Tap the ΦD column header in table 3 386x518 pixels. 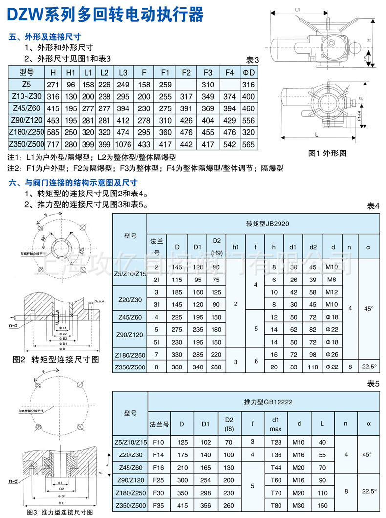pos(248,72)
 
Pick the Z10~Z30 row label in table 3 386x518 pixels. pos(26,97)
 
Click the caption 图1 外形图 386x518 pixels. pos(327,153)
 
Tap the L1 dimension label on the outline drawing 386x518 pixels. pos(298,9)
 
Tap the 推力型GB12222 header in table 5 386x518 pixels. pos(261,402)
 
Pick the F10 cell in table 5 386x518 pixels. pos(159,442)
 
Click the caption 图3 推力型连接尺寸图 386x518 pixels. pos(60,512)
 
